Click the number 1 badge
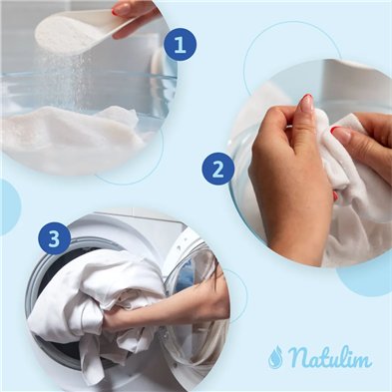(x=180, y=44)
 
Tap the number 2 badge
(x=217, y=169)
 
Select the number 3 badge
(x=55, y=238)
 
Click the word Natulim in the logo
(x=330, y=357)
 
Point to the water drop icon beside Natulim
(x=275, y=357)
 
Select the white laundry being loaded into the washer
(x=90, y=299)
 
